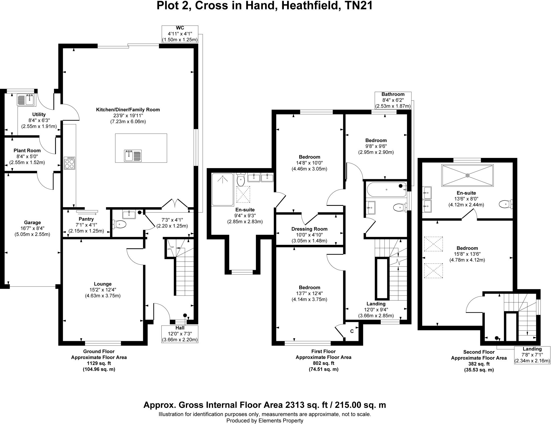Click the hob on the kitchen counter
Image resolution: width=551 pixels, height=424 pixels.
click(69, 163)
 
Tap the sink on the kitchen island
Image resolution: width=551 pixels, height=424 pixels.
click(133, 156)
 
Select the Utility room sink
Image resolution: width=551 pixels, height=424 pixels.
click(25, 100)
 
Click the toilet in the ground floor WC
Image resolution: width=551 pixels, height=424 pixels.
click(119, 224)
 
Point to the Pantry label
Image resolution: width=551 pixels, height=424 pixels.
click(86, 219)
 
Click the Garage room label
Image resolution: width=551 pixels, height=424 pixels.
click(32, 222)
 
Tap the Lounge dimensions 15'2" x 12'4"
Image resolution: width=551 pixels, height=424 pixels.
click(103, 290)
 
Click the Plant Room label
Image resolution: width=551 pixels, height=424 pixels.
click(27, 151)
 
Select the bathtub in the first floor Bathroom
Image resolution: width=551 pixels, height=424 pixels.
click(386, 190)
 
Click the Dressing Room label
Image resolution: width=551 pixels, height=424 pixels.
click(309, 229)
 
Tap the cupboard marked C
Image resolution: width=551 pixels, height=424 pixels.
click(352, 331)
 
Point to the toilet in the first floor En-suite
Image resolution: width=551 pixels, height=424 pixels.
click(241, 180)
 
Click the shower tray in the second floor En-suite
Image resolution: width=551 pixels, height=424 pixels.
click(467, 175)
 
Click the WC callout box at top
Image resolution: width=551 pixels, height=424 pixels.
click(180, 34)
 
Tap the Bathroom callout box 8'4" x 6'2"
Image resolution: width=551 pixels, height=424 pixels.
click(393, 100)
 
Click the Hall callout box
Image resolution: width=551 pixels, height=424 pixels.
click(180, 334)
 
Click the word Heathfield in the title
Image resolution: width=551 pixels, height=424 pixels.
click(309, 5)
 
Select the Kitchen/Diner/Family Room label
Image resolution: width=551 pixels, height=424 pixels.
click(128, 110)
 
